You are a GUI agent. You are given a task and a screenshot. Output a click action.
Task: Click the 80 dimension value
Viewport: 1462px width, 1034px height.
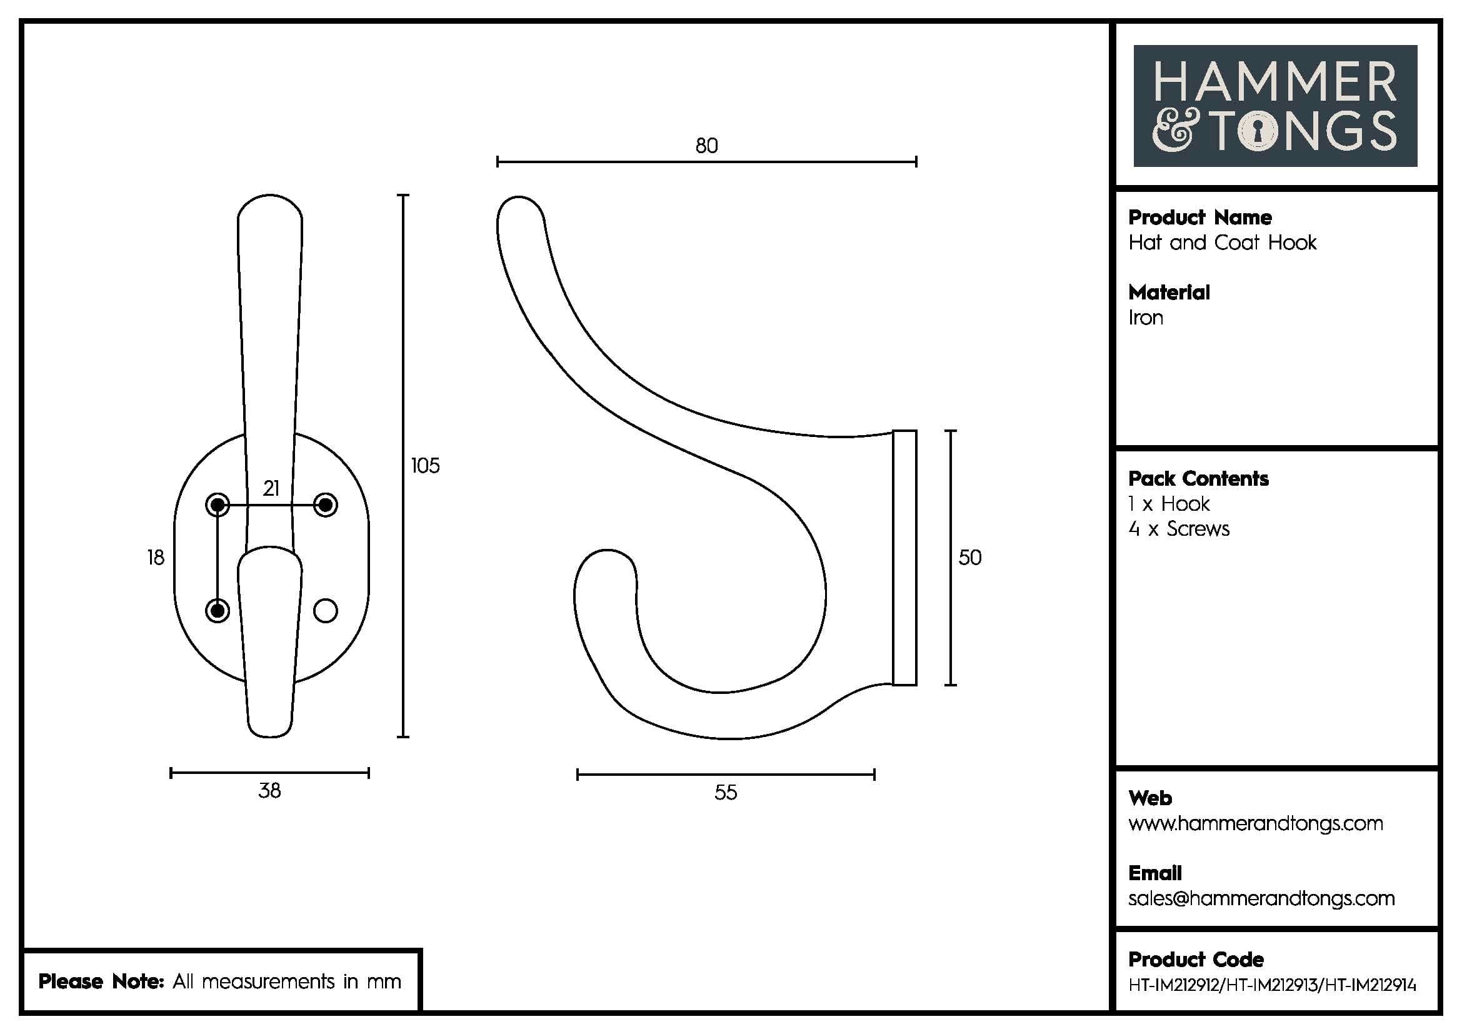[706, 146]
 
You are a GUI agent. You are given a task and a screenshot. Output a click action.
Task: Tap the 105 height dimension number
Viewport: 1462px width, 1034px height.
[424, 466]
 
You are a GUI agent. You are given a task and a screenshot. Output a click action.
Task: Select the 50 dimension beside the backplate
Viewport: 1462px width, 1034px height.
[969, 557]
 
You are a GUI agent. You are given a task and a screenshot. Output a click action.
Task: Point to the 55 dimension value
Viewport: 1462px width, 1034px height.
[725, 792]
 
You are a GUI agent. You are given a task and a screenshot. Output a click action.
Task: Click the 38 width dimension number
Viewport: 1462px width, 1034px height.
[269, 790]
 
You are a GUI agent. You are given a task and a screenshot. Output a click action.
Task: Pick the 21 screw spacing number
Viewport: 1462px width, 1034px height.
[271, 488]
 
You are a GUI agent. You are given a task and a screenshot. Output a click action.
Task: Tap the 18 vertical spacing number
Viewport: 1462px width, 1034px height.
[156, 557]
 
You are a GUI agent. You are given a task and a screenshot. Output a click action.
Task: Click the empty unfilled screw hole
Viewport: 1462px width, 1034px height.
[326, 611]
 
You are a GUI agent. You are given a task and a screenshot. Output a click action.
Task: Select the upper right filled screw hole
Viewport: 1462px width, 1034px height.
[326, 505]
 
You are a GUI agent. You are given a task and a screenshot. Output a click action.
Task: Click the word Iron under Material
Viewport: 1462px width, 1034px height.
[1146, 317]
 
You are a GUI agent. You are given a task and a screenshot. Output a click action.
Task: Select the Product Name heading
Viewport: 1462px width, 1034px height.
[1199, 217]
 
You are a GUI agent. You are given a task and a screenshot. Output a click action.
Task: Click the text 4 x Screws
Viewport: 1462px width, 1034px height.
[1179, 528]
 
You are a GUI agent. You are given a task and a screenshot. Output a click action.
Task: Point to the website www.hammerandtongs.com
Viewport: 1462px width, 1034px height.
[1255, 823]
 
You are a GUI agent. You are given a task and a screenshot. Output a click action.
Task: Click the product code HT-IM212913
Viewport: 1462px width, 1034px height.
[1271, 985]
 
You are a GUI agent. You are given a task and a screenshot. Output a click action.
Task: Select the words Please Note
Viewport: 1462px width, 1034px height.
[101, 981]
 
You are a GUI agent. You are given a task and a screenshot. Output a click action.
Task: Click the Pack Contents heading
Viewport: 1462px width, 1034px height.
[1198, 478]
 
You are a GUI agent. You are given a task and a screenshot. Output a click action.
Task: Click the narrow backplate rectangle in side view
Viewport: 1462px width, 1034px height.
[904, 558]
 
